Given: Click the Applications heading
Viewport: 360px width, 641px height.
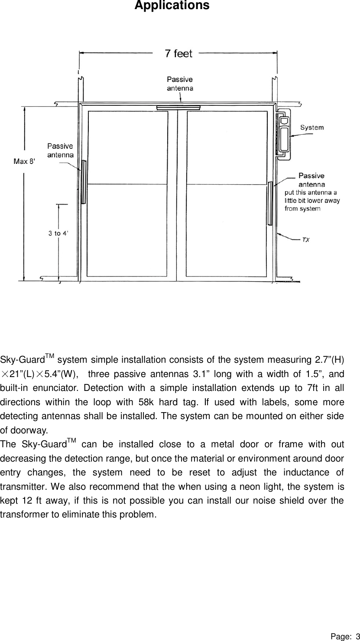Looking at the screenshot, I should [x=172, y=6].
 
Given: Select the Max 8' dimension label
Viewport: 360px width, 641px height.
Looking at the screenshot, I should [x=25, y=162].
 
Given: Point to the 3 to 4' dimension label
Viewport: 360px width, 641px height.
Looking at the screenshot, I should [x=58, y=233].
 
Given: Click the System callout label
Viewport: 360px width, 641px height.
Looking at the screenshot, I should [x=312, y=127].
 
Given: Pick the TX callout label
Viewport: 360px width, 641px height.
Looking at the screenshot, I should [x=305, y=239].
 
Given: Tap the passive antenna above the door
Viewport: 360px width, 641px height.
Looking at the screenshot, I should [x=178, y=107].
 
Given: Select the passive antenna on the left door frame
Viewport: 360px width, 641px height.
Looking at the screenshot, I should [x=84, y=182].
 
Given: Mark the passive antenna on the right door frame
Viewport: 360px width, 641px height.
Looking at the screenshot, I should [x=270, y=203].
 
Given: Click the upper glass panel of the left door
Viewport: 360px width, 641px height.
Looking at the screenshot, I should [x=128, y=147].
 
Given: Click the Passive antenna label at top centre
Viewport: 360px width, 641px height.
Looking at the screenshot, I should [x=180, y=84].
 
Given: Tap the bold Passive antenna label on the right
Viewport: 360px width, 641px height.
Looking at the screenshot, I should [x=311, y=179].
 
